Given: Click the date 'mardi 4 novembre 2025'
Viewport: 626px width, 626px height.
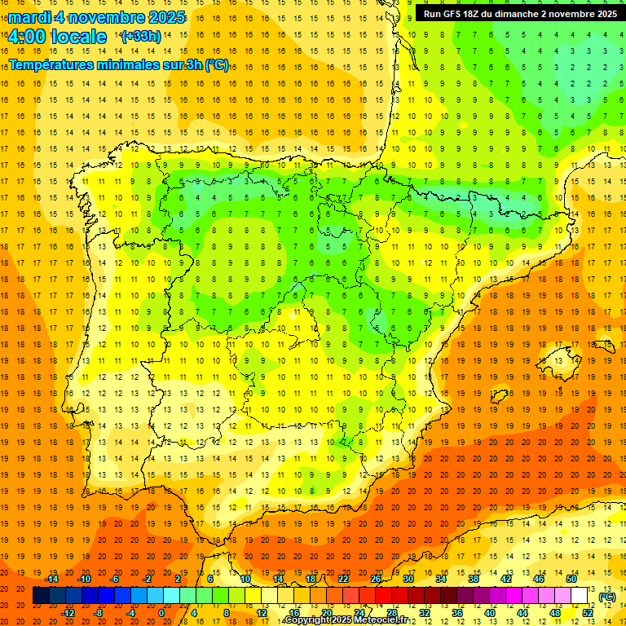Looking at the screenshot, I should [97, 17].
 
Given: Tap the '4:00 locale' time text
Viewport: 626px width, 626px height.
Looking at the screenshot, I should [57, 37].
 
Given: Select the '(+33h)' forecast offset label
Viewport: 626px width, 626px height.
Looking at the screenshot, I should [140, 37].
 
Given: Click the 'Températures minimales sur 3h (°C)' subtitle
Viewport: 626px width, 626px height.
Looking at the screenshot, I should [119, 65].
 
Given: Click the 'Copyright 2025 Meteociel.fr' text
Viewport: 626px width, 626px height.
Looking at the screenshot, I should [346, 620].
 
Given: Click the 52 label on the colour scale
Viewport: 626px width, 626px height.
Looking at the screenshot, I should [588, 612].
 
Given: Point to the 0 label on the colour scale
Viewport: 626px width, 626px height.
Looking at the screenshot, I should [161, 612].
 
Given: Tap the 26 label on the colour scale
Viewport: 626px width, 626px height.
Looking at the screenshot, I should [376, 579].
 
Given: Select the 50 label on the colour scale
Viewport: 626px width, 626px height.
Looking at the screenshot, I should [571, 579].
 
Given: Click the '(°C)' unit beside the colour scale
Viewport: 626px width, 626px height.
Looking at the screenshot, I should [607, 597].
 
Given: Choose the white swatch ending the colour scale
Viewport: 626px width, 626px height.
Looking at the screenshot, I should [580, 596].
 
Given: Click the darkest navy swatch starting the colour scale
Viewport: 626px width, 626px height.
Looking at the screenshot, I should [41, 596].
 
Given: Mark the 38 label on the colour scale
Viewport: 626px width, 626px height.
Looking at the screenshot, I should [474, 579].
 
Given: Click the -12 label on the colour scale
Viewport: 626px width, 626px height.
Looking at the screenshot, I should [68, 612].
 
